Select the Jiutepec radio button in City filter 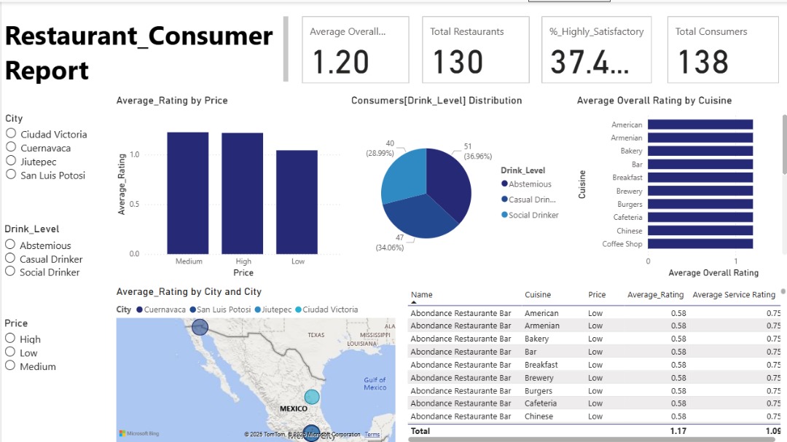point(11,161)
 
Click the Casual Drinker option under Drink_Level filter point(11,259)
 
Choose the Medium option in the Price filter point(11,366)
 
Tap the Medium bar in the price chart point(188,193)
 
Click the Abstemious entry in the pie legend point(530,184)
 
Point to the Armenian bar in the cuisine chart point(700,138)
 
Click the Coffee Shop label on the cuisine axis point(622,244)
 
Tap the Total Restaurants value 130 point(458,63)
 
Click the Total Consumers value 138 point(702,63)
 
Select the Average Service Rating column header point(733,295)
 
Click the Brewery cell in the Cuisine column point(539,378)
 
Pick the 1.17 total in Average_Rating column point(673,431)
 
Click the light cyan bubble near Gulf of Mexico point(312,397)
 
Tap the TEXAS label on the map point(316,335)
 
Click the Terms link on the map point(372,435)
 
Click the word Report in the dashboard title point(47,71)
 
